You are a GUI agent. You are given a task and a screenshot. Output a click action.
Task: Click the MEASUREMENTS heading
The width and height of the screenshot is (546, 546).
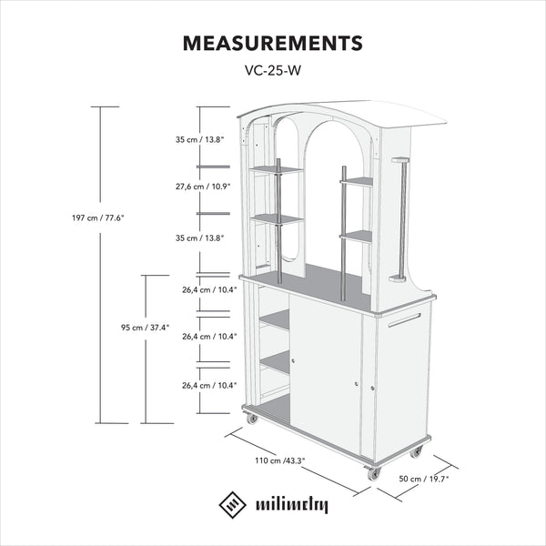click(x=273, y=43)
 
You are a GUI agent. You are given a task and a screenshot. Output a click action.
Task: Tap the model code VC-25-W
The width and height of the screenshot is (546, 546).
click(x=273, y=71)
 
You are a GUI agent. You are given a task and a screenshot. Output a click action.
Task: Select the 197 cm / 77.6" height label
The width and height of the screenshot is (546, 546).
click(x=98, y=218)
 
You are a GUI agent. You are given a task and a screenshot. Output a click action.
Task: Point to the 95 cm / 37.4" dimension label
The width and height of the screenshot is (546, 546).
click(x=146, y=328)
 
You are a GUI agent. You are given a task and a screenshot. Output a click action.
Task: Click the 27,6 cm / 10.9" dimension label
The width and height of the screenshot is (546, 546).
click(x=203, y=187)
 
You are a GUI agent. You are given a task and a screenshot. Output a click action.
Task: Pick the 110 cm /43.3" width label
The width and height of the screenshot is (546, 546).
click(x=280, y=460)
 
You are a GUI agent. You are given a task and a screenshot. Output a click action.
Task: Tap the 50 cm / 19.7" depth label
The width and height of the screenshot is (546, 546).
click(x=424, y=479)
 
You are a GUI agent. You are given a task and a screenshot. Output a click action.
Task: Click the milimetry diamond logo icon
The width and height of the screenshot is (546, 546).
click(x=233, y=504)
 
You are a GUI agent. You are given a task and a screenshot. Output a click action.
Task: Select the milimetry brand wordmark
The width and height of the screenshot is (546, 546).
click(x=292, y=505)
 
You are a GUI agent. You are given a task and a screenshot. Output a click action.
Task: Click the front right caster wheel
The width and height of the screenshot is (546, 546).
click(x=373, y=473)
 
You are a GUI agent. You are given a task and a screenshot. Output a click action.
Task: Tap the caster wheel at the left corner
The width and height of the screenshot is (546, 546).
click(x=251, y=419)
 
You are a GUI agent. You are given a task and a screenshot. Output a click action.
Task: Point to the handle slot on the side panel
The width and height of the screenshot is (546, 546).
click(x=404, y=320)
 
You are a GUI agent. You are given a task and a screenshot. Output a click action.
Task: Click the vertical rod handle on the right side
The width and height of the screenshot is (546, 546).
click(x=401, y=219)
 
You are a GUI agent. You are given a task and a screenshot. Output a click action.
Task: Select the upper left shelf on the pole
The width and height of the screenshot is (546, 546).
click(x=277, y=169)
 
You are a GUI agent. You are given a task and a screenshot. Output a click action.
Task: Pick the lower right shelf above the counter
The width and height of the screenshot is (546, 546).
click(x=357, y=238)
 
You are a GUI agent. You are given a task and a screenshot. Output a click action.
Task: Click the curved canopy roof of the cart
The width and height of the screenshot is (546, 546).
click(x=343, y=114)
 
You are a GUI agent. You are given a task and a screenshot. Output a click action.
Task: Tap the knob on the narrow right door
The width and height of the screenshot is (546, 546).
click(x=372, y=388)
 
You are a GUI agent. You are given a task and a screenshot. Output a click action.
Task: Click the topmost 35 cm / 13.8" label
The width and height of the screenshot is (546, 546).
click(x=199, y=139)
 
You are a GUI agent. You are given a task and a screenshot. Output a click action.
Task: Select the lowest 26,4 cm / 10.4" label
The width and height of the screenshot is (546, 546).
click(x=209, y=386)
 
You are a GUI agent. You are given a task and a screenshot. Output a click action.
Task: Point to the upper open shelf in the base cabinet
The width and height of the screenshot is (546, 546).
click(x=275, y=318)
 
